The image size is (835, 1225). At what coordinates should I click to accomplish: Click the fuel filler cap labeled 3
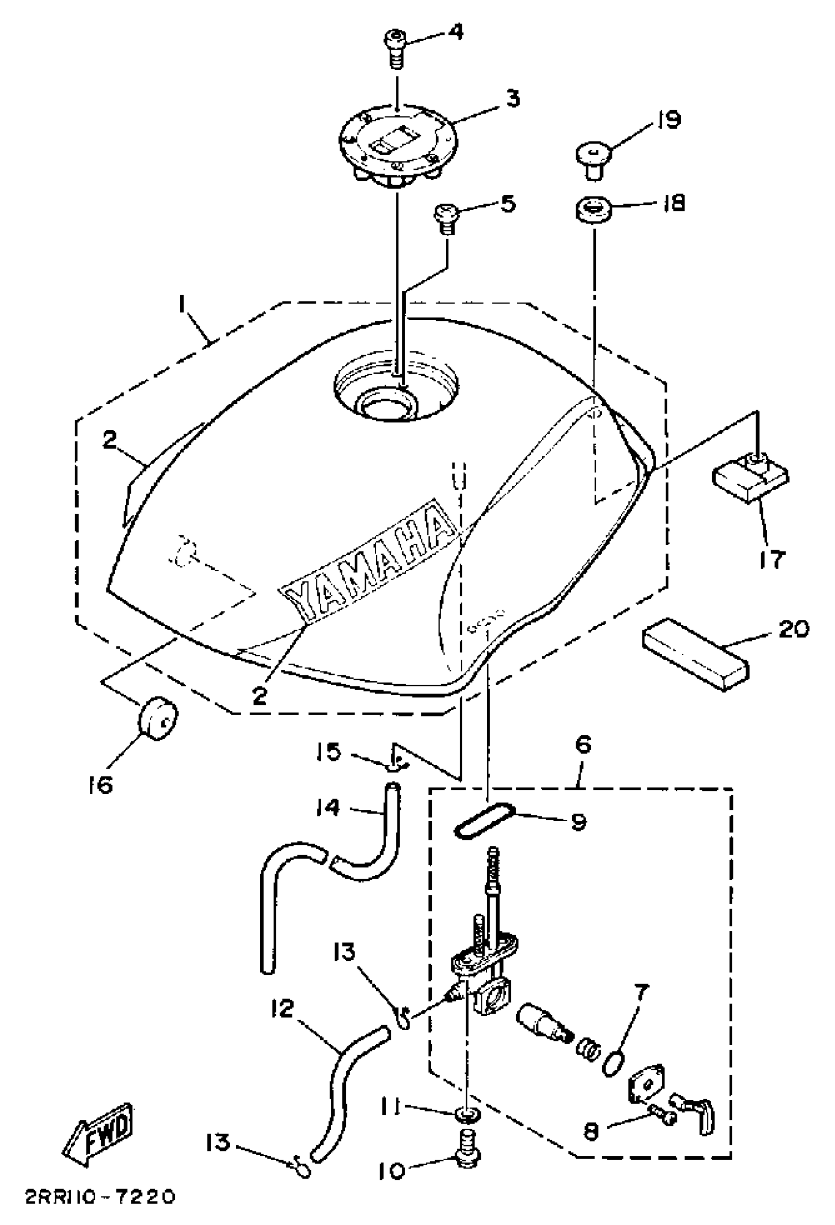pos(398,144)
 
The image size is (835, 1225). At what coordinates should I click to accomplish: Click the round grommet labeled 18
pos(593,208)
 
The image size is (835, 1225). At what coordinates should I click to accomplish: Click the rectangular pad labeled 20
pos(695,654)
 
